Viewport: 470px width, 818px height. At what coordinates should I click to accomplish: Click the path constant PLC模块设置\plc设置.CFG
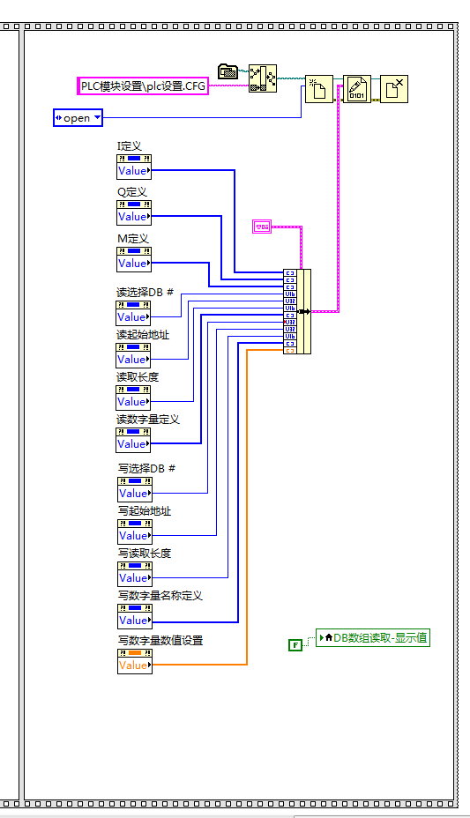pos(143,86)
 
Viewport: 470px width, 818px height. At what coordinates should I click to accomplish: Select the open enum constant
pos(78,117)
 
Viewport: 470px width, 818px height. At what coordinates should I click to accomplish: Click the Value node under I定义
pos(134,171)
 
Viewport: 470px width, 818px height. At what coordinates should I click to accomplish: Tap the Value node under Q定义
pos(134,217)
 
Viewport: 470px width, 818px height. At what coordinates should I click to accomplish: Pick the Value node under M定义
pos(134,264)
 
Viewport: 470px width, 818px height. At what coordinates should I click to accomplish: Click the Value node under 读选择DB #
pos(134,317)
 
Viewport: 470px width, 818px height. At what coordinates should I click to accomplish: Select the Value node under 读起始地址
pos(134,360)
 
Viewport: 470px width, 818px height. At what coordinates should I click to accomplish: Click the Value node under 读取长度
pos(134,402)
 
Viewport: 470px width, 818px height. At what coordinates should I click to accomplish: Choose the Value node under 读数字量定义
pos(134,444)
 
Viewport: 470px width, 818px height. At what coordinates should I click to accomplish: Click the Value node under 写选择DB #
pos(134,494)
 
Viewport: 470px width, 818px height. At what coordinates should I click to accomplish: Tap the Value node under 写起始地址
pos(134,536)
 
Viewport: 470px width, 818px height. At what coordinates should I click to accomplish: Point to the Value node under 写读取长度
pos(134,578)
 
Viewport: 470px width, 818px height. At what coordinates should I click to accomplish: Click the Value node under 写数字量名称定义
pos(134,621)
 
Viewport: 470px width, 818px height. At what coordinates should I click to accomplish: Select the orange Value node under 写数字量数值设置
pos(134,666)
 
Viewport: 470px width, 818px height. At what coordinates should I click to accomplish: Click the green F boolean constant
pos(295,645)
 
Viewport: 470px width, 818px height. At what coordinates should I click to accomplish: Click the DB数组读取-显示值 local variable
pos(373,637)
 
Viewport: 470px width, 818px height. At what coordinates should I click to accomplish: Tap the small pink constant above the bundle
pos(263,227)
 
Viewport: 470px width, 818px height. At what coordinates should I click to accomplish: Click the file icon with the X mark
pos(394,89)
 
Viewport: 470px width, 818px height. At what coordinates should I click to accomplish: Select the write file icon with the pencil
pos(356,89)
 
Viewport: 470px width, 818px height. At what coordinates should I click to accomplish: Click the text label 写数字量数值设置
pos(160,641)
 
